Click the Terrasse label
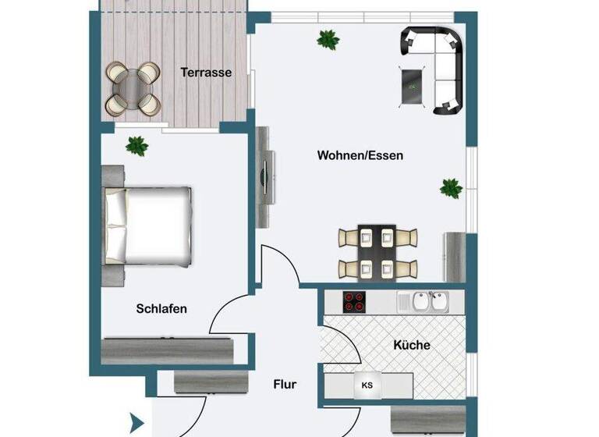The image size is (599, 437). [206, 73]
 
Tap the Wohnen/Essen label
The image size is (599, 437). [360, 155]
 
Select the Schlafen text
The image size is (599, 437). [161, 308]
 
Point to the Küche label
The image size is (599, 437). [412, 344]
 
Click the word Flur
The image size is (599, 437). [285, 384]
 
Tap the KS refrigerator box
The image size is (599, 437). [367, 385]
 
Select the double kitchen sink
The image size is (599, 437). [425, 300]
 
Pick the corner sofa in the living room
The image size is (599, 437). [437, 62]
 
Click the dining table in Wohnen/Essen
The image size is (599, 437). [377, 252]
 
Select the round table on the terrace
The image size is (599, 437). [133, 87]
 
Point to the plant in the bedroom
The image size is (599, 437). [137, 145]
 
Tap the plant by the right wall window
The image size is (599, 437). [451, 187]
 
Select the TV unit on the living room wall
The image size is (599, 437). [266, 176]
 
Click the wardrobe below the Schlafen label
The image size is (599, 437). [168, 350]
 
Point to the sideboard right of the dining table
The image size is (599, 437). [454, 256]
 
